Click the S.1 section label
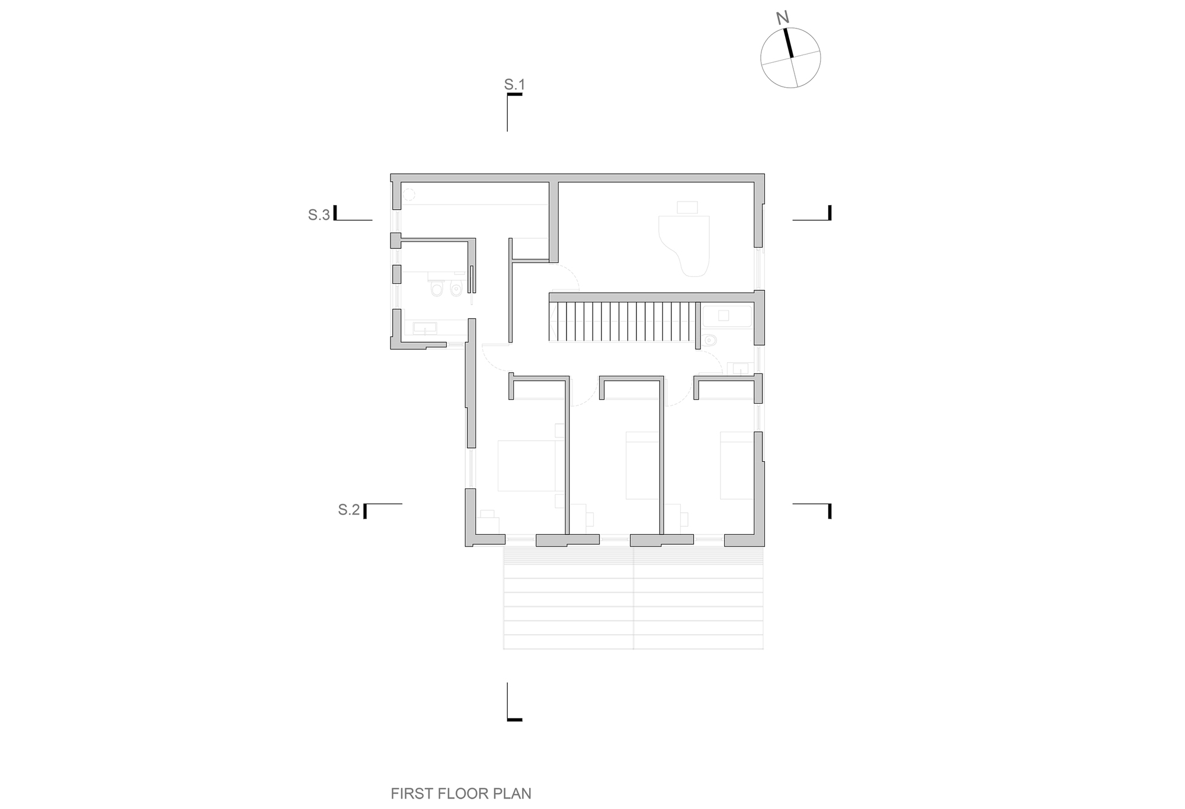pos(514,85)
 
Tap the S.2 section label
pos(349,509)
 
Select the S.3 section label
pos(319,215)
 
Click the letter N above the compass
pos(783,18)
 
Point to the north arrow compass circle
pos(790,58)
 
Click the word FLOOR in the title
pos(464,794)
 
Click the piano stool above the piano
pos(687,207)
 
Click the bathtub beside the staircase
pos(727,316)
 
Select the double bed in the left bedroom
pos(527,465)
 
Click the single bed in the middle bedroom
pos(643,465)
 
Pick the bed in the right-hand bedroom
pos(736,465)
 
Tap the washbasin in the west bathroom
pos(424,328)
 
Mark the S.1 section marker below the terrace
pos(514,702)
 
